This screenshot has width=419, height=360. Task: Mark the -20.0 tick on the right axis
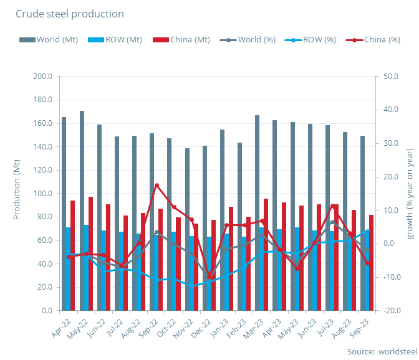pyautogui.click(x=392, y=310)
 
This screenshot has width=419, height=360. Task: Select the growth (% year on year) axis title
pyautogui.click(x=410, y=193)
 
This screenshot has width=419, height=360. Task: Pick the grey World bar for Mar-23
pyautogui.click(x=257, y=212)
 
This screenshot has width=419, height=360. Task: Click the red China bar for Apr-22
pyautogui.click(x=73, y=255)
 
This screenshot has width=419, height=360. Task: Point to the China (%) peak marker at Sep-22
pyautogui.click(x=157, y=185)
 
